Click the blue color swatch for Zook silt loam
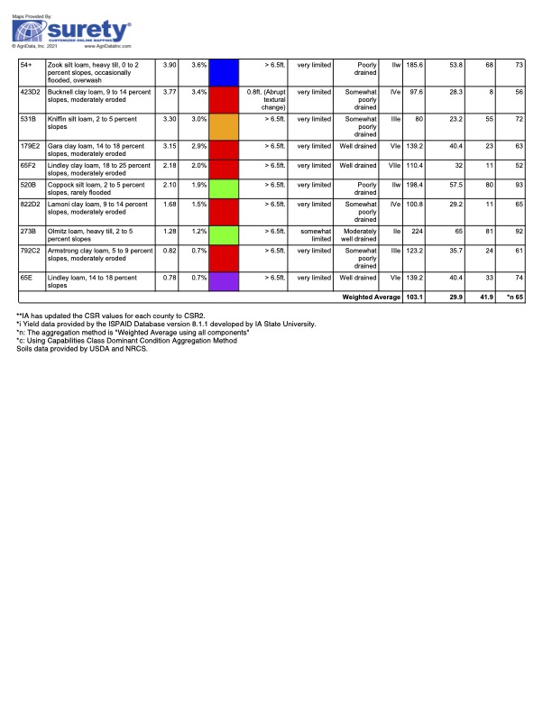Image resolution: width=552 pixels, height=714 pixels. pyautogui.click(x=223, y=72)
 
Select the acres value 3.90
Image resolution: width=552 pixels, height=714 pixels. pyautogui.click(x=168, y=65)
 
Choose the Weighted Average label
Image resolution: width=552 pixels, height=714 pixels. pyautogui.click(x=369, y=296)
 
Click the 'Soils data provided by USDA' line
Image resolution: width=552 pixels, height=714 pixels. pyautogui.click(x=81, y=348)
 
